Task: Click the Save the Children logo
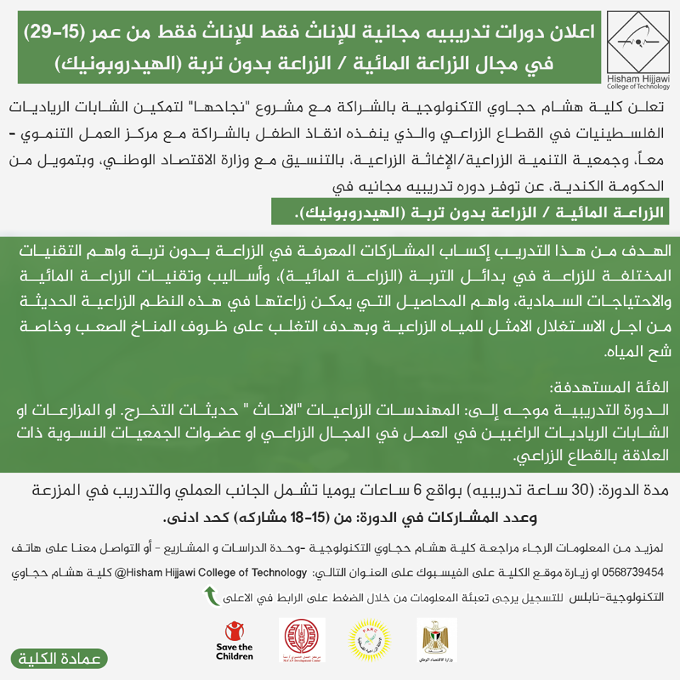(x=234, y=640)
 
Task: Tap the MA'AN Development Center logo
(x=302, y=640)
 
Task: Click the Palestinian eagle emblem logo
(x=436, y=640)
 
